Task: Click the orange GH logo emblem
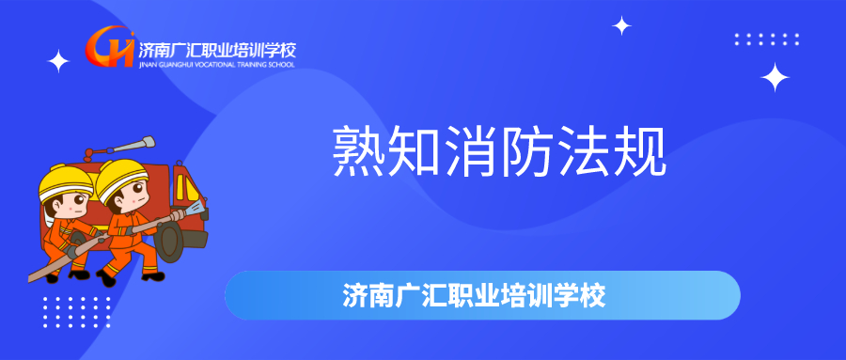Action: pos(110,46)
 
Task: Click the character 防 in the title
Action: pos(527,151)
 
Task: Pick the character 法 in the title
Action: pos(584,151)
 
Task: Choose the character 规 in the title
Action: pos(640,151)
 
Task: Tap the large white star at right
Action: pos(775,77)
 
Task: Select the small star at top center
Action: pos(621,26)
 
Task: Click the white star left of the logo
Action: pos(59,61)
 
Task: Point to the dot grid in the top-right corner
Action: pos(767,39)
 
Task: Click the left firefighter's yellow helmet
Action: pos(65,182)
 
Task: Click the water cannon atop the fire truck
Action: pos(118,148)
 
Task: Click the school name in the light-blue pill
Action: pos(474,295)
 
